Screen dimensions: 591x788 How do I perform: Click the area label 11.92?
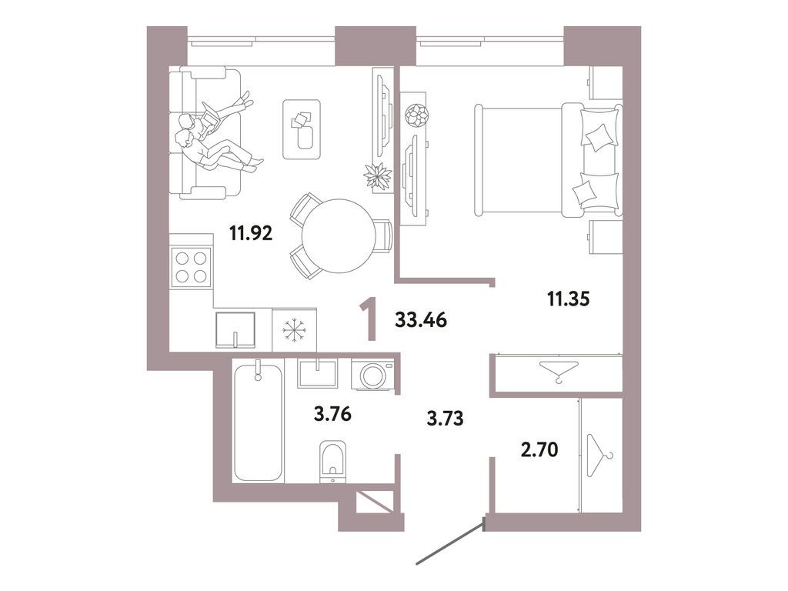(x=251, y=232)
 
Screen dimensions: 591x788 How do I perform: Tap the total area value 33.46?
(x=421, y=319)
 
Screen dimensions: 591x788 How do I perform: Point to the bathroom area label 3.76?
(x=332, y=416)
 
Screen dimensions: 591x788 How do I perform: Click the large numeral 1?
(x=371, y=320)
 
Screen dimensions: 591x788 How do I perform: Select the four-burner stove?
(x=192, y=267)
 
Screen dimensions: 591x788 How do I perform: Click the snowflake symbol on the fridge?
(x=295, y=330)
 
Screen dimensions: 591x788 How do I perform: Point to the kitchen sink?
(x=236, y=330)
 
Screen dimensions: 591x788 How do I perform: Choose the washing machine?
(x=372, y=376)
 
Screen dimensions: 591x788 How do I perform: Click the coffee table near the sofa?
(x=302, y=129)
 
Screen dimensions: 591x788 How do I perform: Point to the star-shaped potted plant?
(x=377, y=175)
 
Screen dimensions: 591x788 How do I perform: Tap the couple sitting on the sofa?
(x=215, y=137)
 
